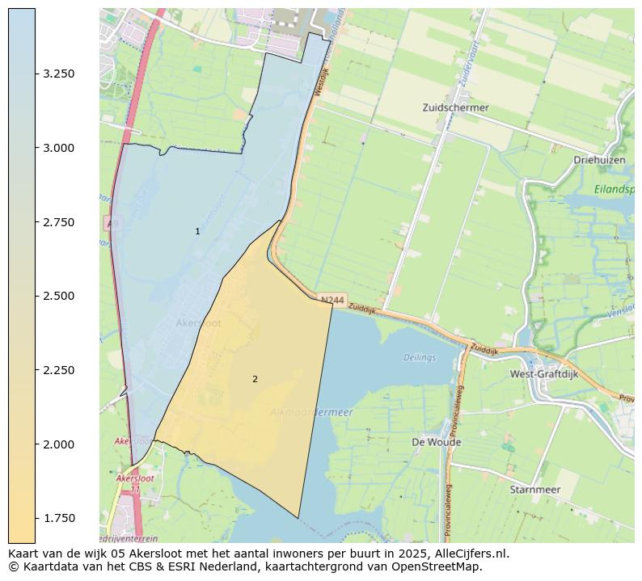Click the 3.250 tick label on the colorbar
pyautogui.click(x=59, y=74)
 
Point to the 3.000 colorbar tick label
pyautogui.click(x=59, y=148)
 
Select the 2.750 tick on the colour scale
pyautogui.click(x=59, y=222)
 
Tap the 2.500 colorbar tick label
pyautogui.click(x=59, y=296)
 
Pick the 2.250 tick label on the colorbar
pyautogui.click(x=59, y=370)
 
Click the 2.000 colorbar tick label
pyautogui.click(x=59, y=444)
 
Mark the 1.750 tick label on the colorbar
pyautogui.click(x=59, y=518)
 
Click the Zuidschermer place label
pyautogui.click(x=455, y=107)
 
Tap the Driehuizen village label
pyautogui.click(x=600, y=160)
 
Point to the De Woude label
pyautogui.click(x=437, y=442)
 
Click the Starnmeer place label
pyautogui.click(x=534, y=489)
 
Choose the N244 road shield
pyautogui.click(x=332, y=300)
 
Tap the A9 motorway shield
pyautogui.click(x=111, y=222)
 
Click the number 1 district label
pyautogui.click(x=197, y=232)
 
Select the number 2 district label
pyautogui.click(x=255, y=379)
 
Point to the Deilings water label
pyautogui.click(x=420, y=358)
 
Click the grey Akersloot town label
pyautogui.click(x=198, y=323)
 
